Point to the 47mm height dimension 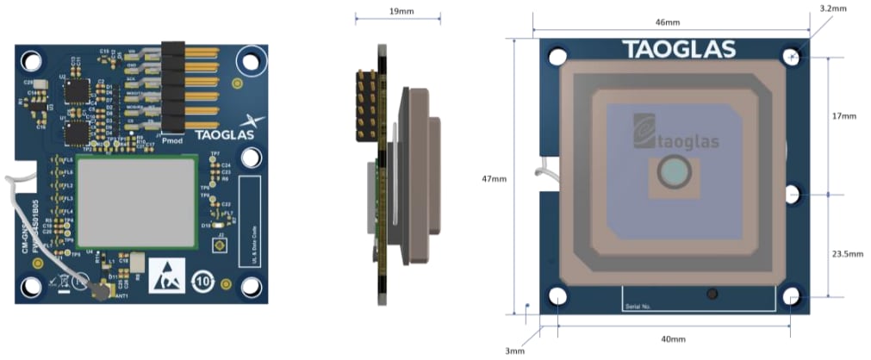(494, 180)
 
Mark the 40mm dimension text (674, 338)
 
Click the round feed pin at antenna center (672, 174)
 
